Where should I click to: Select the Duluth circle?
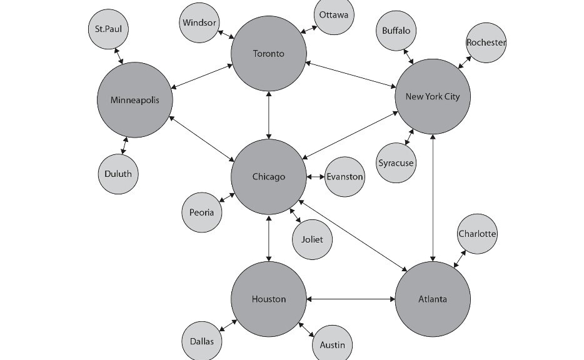(x=118, y=173)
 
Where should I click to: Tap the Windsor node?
(x=199, y=23)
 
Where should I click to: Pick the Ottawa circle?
(x=333, y=15)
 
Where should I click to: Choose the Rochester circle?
(x=486, y=42)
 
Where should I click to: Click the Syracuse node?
(x=396, y=163)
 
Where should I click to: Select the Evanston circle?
(x=345, y=176)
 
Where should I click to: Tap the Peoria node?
(x=202, y=212)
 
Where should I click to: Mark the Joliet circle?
(x=312, y=239)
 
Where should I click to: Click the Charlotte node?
(x=477, y=234)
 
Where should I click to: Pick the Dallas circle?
(x=202, y=341)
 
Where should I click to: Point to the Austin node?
(x=331, y=344)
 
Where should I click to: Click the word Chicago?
(x=269, y=177)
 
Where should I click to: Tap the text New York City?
(x=432, y=96)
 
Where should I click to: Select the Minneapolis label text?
(x=135, y=100)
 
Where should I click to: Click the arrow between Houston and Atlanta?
(x=351, y=299)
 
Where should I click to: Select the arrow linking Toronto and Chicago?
(x=269, y=115)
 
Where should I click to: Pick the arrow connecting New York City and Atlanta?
(x=433, y=197)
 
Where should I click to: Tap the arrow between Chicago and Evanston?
(x=316, y=177)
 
